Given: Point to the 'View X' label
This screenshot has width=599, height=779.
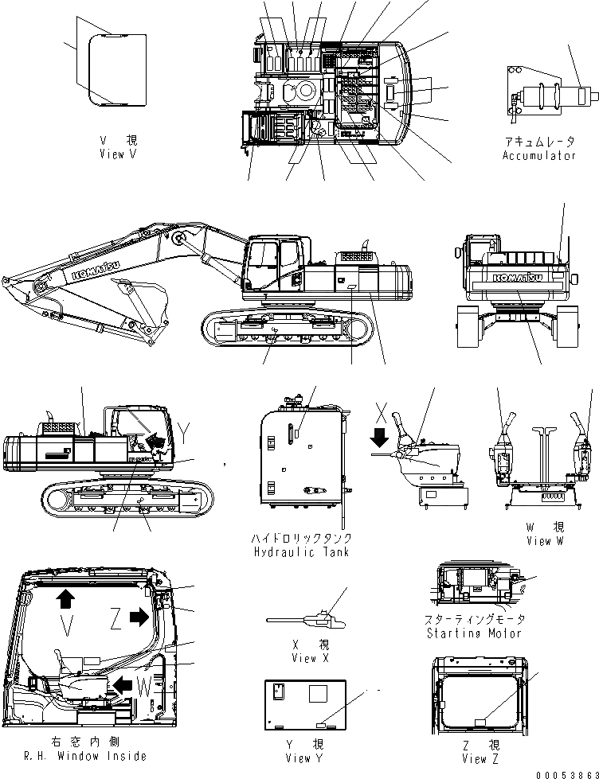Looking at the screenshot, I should pos(303,658).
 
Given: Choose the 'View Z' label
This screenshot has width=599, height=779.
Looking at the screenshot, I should pos(475,758).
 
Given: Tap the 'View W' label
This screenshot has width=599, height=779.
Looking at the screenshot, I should pos(545,540).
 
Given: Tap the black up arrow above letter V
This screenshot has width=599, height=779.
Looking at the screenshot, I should pos(64,597).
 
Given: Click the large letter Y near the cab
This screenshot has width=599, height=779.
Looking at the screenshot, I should pos(184,433).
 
